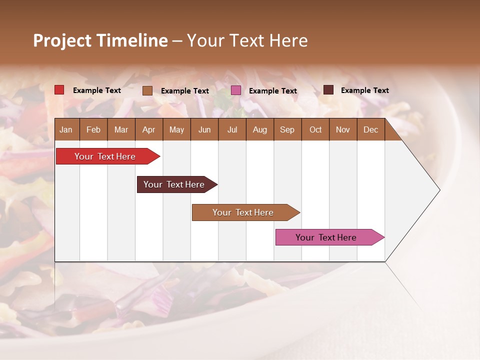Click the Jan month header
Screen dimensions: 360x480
pyautogui.click(x=66, y=129)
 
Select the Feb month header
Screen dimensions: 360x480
pyautogui.click(x=93, y=129)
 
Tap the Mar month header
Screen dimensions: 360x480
pyautogui.click(x=121, y=129)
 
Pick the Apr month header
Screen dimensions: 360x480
pyautogui.click(x=148, y=129)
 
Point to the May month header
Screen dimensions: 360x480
pyautogui.click(x=176, y=129)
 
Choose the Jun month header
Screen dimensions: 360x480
pyautogui.click(x=204, y=129)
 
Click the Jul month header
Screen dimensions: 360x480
pyautogui.click(x=232, y=129)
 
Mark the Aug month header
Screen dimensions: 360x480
pyautogui.click(x=259, y=129)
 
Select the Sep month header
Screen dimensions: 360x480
pyautogui.click(x=287, y=129)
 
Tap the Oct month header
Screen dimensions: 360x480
pyautogui.click(x=315, y=129)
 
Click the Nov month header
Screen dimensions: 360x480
pyautogui.click(x=343, y=129)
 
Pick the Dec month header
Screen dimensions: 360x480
pyautogui.click(x=370, y=129)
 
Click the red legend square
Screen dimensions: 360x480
pyautogui.click(x=59, y=90)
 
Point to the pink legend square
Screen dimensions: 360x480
pyautogui.click(x=236, y=90)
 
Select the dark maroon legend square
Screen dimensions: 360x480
pyautogui.click(x=328, y=90)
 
